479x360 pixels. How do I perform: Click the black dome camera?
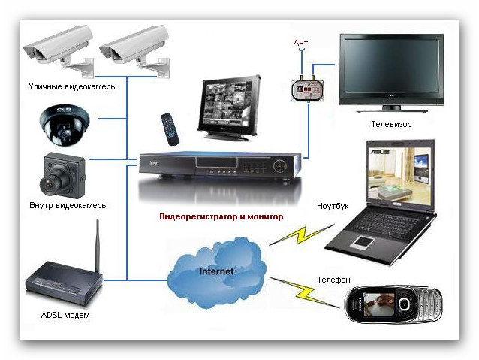click(x=65, y=125)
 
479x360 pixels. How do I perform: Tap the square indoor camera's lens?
click(x=50, y=183)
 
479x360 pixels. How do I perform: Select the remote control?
click(x=170, y=129)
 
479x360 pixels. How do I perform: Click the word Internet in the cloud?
click(x=216, y=271)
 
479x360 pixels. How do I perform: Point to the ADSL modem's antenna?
click(x=98, y=247)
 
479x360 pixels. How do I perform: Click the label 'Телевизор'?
click(x=391, y=124)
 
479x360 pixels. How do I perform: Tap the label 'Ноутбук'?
click(x=333, y=206)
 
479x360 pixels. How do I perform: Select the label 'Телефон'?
click(x=333, y=280)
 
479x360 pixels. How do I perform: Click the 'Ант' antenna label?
click(x=300, y=43)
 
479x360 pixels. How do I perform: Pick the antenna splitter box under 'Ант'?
click(x=308, y=89)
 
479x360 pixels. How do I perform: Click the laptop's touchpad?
click(x=363, y=242)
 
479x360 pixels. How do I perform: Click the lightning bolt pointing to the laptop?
click(x=302, y=234)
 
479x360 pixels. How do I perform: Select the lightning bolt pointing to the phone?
click(x=305, y=292)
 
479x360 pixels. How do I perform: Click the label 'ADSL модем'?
click(x=65, y=315)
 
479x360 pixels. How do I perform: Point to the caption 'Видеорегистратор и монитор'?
click(x=221, y=217)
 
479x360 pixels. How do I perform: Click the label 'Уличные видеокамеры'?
click(x=73, y=86)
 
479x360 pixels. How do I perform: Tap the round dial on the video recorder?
click(x=280, y=166)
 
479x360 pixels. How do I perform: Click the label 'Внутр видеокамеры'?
click(x=69, y=205)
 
